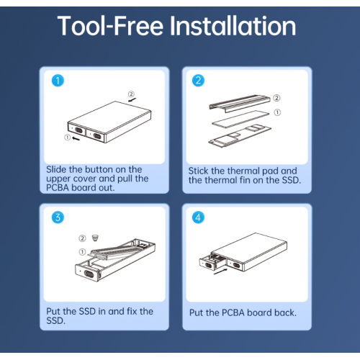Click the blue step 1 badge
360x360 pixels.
58,81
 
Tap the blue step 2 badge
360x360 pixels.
198,81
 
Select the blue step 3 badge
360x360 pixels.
58,217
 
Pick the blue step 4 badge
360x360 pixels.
198,217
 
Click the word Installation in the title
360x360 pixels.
233,26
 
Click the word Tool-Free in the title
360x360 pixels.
110,26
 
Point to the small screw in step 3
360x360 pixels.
95,238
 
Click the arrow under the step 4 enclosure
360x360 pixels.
220,271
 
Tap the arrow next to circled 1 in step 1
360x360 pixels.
76,138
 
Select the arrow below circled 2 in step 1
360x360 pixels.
132,99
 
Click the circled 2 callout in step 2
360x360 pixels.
276,98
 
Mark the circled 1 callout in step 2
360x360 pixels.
277,112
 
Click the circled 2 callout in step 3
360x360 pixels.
82,238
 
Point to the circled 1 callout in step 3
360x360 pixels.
82,252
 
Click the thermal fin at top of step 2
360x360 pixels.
240,103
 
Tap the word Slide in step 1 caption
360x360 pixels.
56,169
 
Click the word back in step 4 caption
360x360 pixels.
286,312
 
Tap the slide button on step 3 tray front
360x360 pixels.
89,274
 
